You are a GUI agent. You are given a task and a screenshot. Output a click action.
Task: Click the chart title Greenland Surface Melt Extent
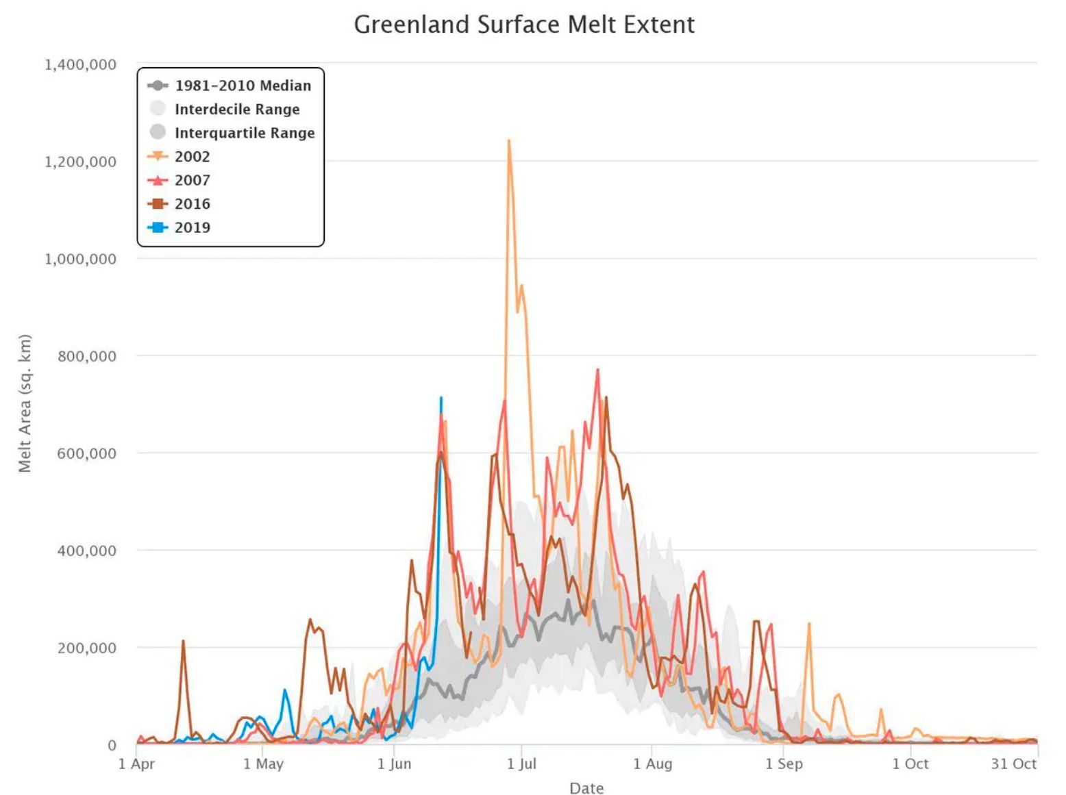[x=524, y=25]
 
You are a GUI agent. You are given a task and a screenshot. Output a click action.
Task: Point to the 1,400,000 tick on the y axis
[x=80, y=64]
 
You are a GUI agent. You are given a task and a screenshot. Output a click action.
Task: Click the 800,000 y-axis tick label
[x=86, y=356]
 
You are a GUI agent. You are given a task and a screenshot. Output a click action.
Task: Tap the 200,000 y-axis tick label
[x=86, y=648]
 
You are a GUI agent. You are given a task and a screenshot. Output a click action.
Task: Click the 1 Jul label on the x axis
[x=521, y=764]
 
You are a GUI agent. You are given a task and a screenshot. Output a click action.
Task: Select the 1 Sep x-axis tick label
[x=784, y=764]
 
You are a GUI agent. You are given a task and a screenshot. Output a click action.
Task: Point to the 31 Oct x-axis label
[x=1013, y=764]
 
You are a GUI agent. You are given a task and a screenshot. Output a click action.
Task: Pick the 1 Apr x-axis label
[x=137, y=764]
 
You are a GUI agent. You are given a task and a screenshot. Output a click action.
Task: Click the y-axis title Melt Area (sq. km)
[x=25, y=403]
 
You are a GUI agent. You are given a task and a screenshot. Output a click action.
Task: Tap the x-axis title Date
[x=586, y=788]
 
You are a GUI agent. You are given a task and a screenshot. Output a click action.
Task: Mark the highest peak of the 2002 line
[x=508, y=141]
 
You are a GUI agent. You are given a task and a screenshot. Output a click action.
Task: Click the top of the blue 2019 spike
[x=441, y=398]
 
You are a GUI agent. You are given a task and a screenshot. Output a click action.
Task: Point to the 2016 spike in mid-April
[x=183, y=642]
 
